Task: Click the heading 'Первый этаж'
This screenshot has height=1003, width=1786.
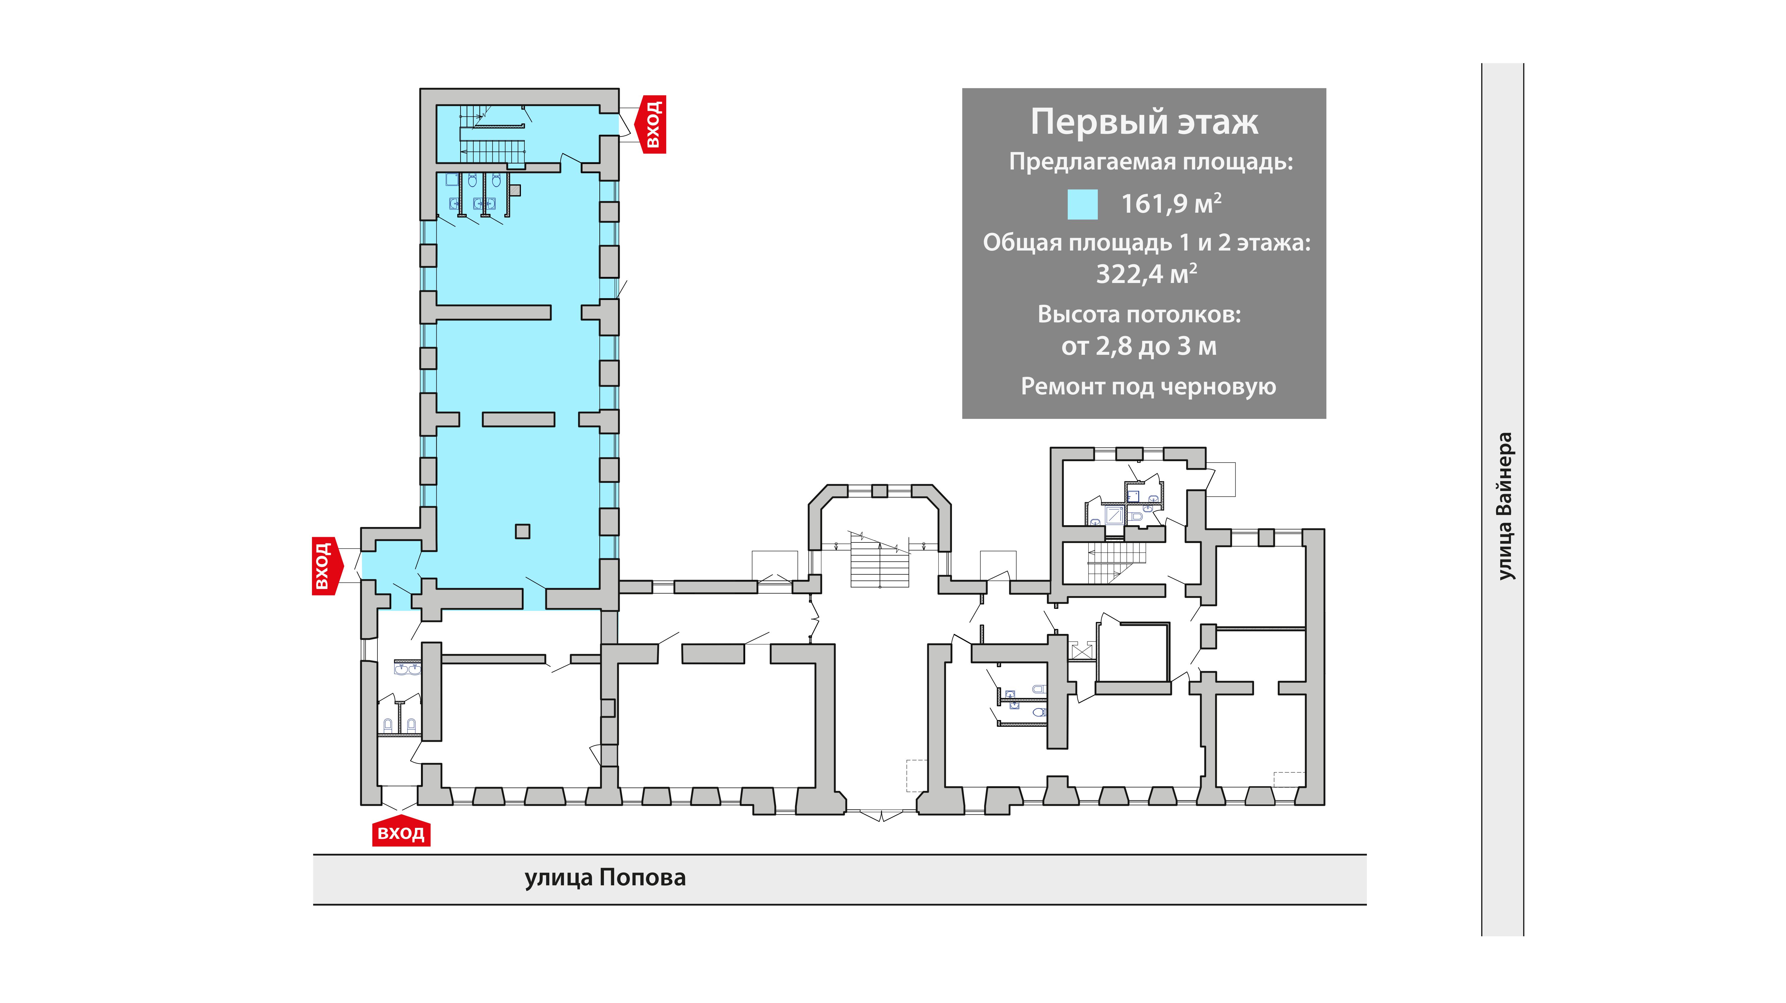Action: (x=1144, y=122)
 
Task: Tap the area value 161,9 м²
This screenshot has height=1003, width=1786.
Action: (x=1171, y=203)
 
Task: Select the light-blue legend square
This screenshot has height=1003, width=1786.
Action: (x=1082, y=205)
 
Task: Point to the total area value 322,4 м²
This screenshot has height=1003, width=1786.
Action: (x=1146, y=274)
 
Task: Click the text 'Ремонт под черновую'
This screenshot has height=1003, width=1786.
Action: (x=1148, y=386)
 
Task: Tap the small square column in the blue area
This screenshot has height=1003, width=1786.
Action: (x=523, y=531)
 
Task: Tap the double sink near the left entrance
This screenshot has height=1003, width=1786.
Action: (x=407, y=668)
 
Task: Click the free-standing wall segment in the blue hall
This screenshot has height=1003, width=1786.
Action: (x=519, y=419)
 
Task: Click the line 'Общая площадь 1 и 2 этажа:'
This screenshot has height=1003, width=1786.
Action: (x=1147, y=243)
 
